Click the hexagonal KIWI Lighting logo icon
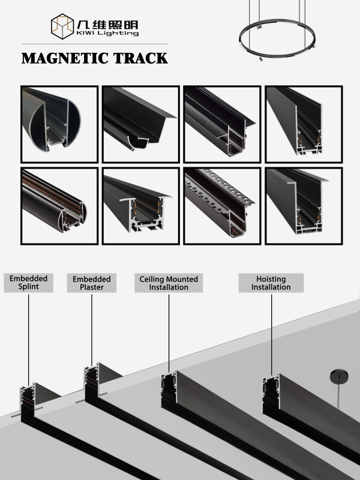click(62, 26)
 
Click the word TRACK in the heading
click(140, 58)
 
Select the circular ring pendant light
click(277, 39)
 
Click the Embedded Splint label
click(28, 283)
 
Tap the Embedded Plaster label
click(92, 283)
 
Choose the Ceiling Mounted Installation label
click(169, 283)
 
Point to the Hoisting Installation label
click(271, 283)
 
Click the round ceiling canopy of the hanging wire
click(339, 377)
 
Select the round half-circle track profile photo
click(59, 124)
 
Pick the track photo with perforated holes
click(222, 206)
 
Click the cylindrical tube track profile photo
click(59, 206)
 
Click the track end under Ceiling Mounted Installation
click(169, 388)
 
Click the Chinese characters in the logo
click(107, 25)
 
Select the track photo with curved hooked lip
click(141, 124)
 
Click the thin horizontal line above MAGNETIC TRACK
click(95, 44)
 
